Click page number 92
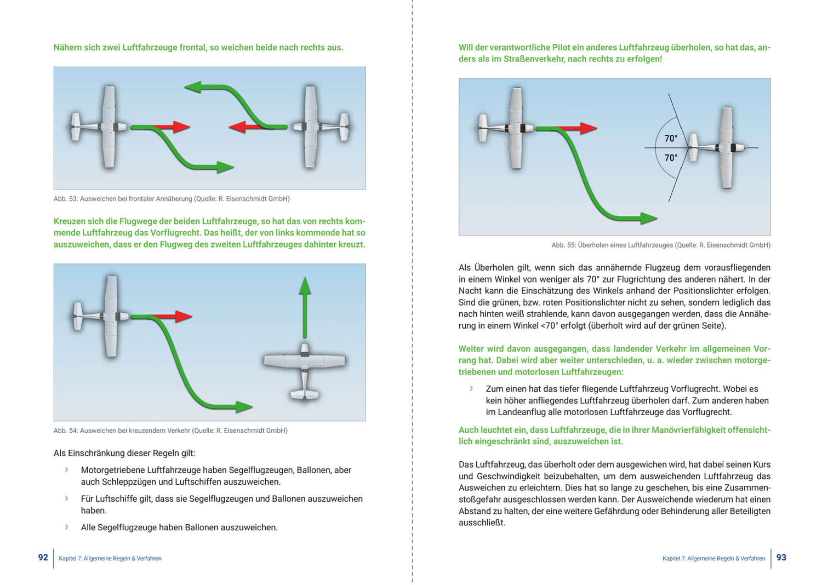(x=43, y=558)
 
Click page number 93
(x=781, y=558)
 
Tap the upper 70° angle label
(x=671, y=139)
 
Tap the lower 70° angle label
(x=671, y=158)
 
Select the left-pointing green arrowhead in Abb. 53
(x=193, y=87)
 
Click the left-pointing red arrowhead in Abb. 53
(x=237, y=127)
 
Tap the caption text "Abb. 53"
(x=65, y=199)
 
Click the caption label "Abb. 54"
(x=65, y=431)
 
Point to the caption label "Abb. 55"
(x=563, y=245)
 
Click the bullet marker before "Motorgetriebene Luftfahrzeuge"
(x=66, y=470)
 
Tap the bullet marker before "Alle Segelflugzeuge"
(x=66, y=527)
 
